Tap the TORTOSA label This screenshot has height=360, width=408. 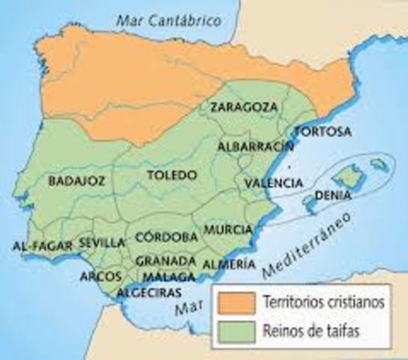322,132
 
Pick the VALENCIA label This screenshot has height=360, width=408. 274,183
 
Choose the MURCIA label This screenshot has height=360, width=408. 222,229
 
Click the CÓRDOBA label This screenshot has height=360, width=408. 166,236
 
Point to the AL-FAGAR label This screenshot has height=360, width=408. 42,245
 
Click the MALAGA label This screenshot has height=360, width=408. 165,276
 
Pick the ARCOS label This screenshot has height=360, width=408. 100,275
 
